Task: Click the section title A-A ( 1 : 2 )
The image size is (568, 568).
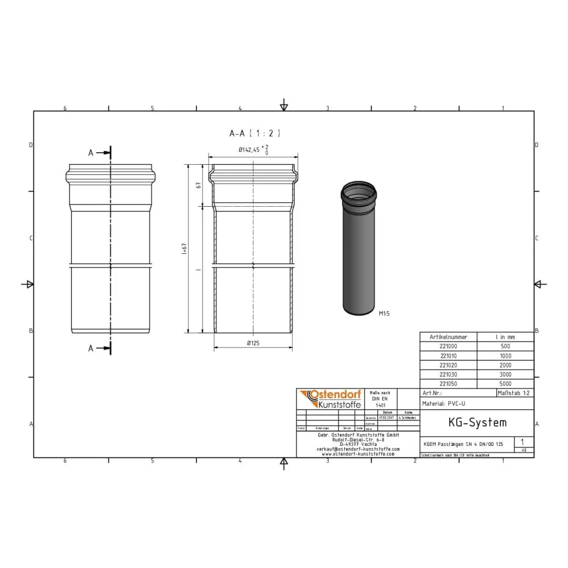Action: pyautogui.click(x=254, y=133)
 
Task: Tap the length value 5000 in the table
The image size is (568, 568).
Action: pyautogui.click(x=505, y=384)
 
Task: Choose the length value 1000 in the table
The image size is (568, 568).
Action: pyautogui.click(x=505, y=356)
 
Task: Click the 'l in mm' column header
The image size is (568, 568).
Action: pyautogui.click(x=505, y=336)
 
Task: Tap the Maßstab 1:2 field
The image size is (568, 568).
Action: pyautogui.click(x=515, y=393)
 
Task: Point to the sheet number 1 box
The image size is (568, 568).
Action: pyautogui.click(x=523, y=441)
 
